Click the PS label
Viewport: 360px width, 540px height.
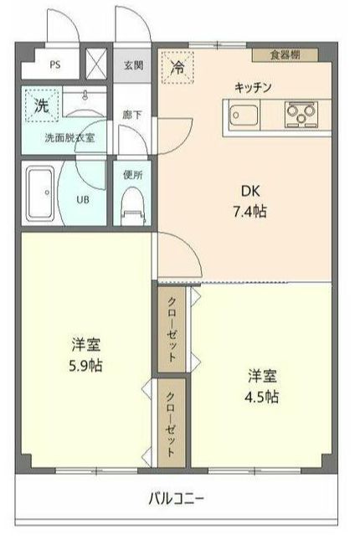pos(54,64)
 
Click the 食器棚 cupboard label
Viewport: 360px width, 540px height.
pos(286,55)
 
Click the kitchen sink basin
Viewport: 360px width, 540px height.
pos(244,113)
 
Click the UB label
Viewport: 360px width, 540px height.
pos(84,200)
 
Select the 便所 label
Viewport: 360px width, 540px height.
pos(133,175)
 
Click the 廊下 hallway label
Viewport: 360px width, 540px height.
pos(132,115)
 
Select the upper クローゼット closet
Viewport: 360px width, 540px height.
pos(172,327)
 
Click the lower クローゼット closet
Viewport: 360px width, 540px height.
pos(171,423)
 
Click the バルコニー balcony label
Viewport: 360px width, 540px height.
pos(177,498)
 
